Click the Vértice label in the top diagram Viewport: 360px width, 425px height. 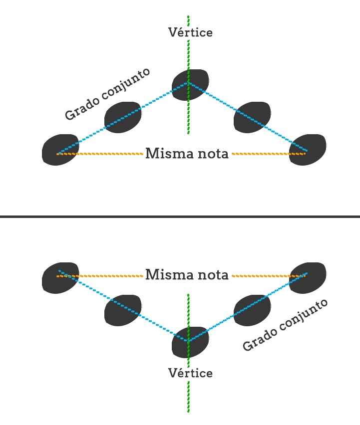coord(190,32)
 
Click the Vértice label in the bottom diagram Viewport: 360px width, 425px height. coord(190,373)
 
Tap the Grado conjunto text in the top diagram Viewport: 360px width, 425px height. coord(107,94)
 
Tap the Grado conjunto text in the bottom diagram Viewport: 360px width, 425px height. coord(285,325)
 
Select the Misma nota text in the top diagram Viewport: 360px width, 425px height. coord(187,154)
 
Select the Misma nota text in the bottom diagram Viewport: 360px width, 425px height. coord(187,274)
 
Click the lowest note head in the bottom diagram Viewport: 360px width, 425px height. coord(190,342)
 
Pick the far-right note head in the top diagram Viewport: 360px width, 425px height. coord(308,149)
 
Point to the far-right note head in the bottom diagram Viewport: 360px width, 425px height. coord(308,277)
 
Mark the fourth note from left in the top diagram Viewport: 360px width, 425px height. coord(253,117)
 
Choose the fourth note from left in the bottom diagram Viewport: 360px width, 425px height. coord(253,310)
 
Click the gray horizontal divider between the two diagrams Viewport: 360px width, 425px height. coord(180,216)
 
